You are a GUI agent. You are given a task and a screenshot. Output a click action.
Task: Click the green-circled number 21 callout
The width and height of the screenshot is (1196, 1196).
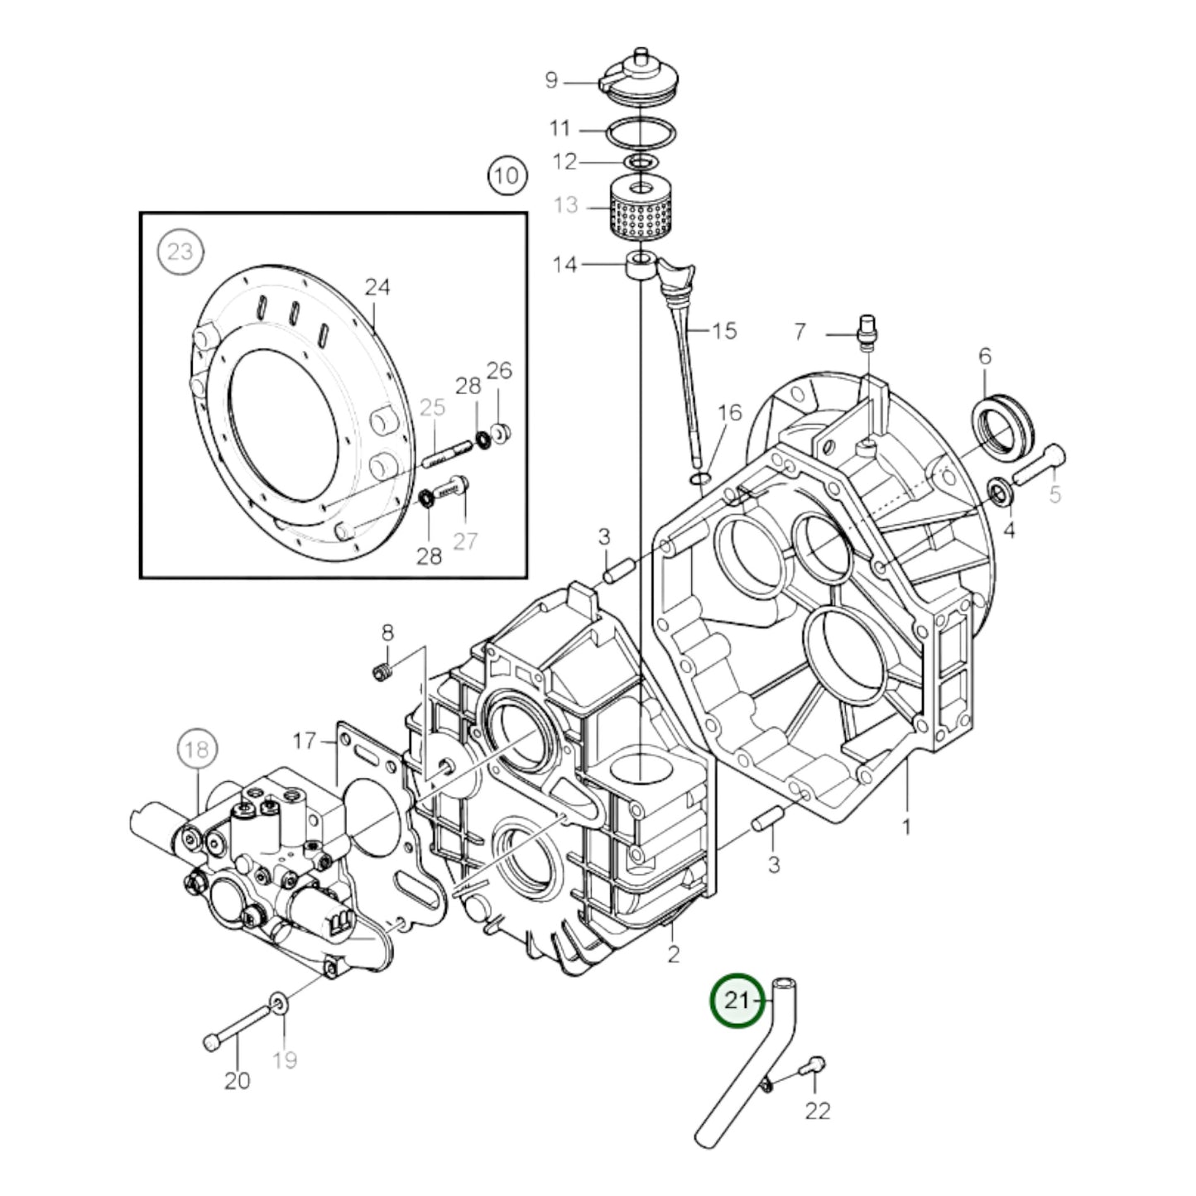(x=736, y=1000)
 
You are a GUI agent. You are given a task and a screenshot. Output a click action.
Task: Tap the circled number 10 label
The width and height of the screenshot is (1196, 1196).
(x=507, y=175)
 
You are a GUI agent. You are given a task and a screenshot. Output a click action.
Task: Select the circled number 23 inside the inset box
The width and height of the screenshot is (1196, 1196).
(x=180, y=251)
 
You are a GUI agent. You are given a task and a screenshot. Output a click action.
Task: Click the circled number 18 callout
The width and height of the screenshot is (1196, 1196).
(x=196, y=750)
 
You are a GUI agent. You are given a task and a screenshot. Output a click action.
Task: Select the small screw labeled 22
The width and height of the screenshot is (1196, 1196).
(x=814, y=1068)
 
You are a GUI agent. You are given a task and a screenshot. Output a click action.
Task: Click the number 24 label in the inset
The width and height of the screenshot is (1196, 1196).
(x=377, y=287)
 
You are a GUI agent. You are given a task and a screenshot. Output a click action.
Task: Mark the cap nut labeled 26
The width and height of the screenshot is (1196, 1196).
(x=500, y=432)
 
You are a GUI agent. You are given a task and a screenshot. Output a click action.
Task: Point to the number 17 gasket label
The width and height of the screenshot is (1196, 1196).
(x=305, y=740)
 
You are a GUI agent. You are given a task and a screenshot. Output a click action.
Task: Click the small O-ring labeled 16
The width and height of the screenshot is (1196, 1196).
(x=700, y=478)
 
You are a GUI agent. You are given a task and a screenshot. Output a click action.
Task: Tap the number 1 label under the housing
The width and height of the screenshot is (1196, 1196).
(x=906, y=825)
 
